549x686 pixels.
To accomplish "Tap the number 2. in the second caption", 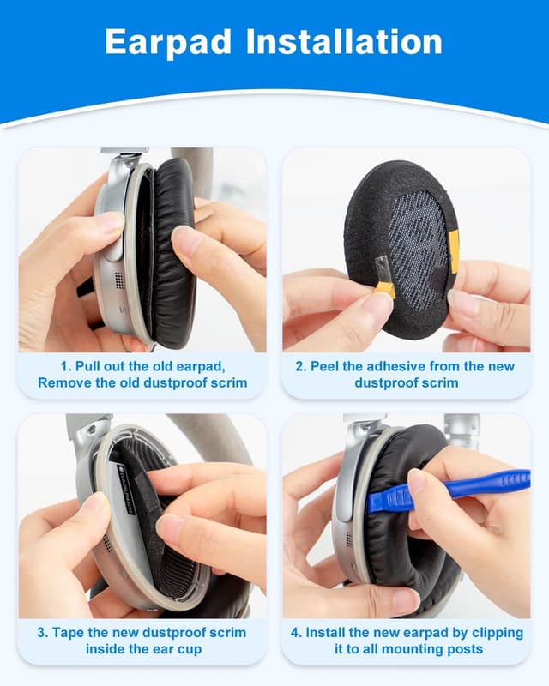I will pos(301,366).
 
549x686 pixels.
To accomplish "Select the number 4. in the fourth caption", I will pos(295,632).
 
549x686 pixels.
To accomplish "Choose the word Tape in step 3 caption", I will pos(71,632).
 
